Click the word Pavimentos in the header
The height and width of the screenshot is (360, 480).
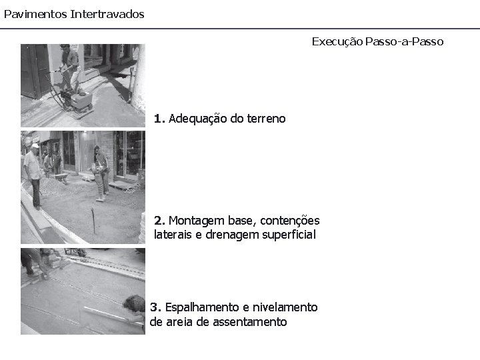pyautogui.click(x=35, y=14)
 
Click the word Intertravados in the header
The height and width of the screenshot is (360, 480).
pyautogui.click(x=107, y=14)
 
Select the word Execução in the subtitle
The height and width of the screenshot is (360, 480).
pyautogui.click(x=337, y=41)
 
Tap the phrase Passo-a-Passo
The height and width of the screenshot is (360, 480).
pyautogui.click(x=404, y=41)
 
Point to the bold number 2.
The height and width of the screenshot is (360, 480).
pyautogui.click(x=159, y=221)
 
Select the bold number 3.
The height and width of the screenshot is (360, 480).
pyautogui.click(x=155, y=307)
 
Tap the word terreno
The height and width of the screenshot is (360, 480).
pyautogui.click(x=266, y=119)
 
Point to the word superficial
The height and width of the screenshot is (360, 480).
pyautogui.click(x=289, y=235)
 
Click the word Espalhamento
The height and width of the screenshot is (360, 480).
pyautogui.click(x=202, y=307)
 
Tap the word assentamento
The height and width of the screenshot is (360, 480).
pyautogui.click(x=250, y=322)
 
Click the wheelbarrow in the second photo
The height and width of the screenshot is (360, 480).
pyautogui.click(x=61, y=178)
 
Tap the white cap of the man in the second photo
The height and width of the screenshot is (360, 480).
pyautogui.click(x=35, y=146)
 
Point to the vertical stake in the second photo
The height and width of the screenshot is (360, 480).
pyautogui.click(x=93, y=221)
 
